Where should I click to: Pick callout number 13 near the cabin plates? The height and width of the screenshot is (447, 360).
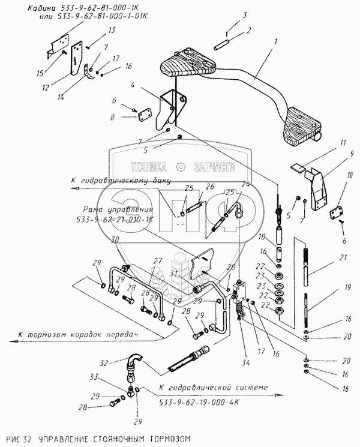coord(95,30)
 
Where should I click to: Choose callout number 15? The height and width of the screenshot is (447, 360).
coord(40,74)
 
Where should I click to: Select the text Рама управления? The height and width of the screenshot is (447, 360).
coord(115,211)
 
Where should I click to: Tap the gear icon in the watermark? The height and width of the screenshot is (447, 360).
coord(179,166)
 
